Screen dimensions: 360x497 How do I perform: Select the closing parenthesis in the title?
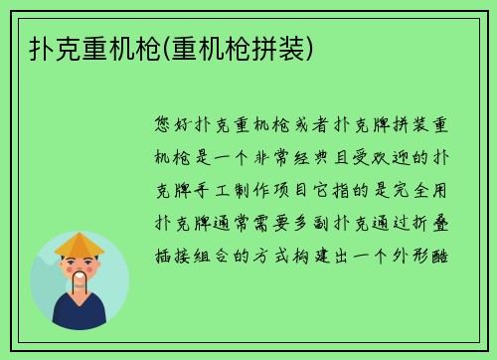point(316,47)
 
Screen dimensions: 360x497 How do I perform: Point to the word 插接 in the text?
point(176,254)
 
